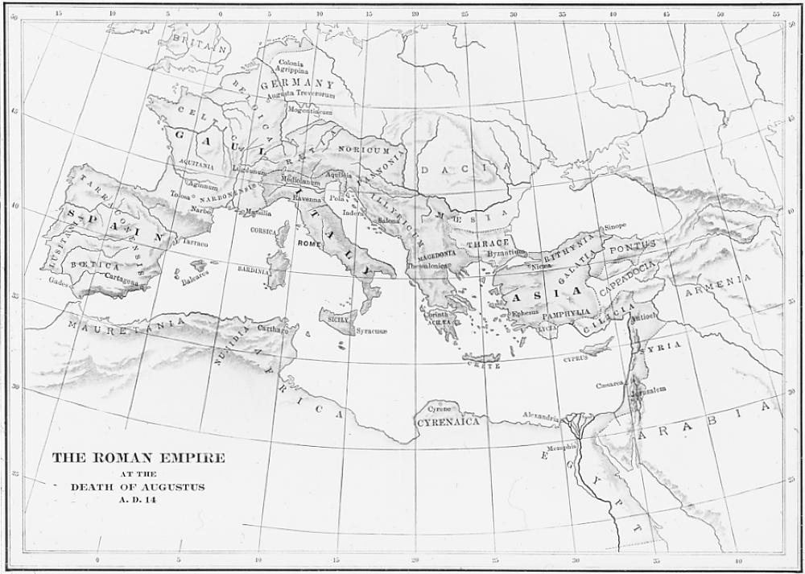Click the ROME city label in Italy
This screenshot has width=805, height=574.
pos(309,242)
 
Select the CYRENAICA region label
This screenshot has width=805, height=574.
pos(448,421)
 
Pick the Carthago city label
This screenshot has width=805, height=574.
pos(273,330)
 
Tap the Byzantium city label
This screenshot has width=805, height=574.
pos(506,252)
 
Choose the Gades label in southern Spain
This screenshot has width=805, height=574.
pos(59,283)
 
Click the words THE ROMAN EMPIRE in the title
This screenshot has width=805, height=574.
pos(138,458)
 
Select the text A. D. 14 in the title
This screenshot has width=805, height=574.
pos(138,501)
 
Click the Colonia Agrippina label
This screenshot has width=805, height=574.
pos(291,67)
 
